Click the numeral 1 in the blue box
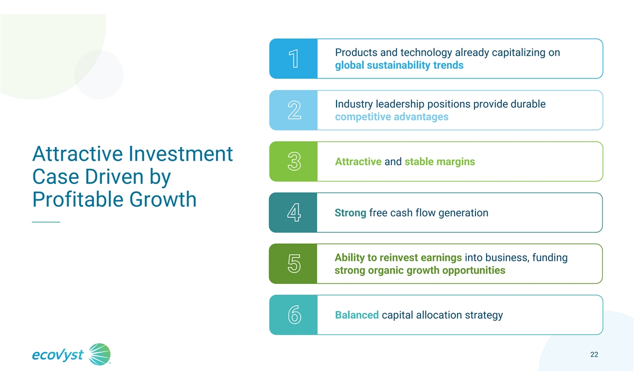point(294,59)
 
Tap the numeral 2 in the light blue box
point(294,110)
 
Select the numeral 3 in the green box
point(294,161)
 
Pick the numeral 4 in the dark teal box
point(294,212)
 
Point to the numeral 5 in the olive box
point(294,263)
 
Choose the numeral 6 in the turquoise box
point(294,315)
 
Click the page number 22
point(594,354)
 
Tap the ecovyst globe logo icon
point(100,354)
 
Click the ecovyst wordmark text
point(58,355)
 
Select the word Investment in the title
point(181,154)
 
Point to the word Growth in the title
point(163,199)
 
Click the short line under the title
point(46,222)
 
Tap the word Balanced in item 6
point(357,315)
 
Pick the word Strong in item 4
point(350,213)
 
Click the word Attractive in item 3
point(358,161)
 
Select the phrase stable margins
point(440,162)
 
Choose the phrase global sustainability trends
point(399,66)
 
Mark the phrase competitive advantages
point(391,117)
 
